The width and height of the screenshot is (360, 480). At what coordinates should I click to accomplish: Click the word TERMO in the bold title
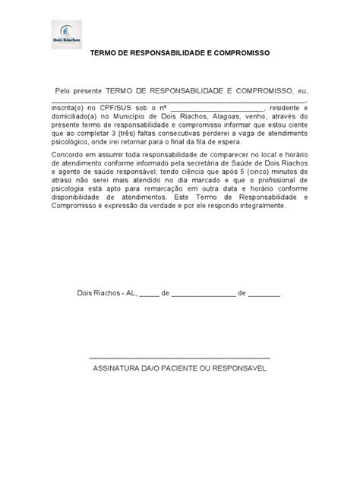pos(106,54)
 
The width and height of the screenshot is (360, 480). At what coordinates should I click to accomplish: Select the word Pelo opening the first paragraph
pos(66,90)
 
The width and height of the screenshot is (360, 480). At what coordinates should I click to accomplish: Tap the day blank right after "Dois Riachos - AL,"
pos(149,293)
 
